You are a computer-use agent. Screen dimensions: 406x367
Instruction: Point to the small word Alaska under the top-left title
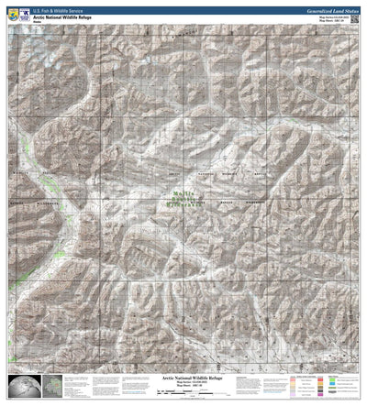tap(39, 19)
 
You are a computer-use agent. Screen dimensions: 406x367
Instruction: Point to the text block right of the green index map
tap(83, 385)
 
